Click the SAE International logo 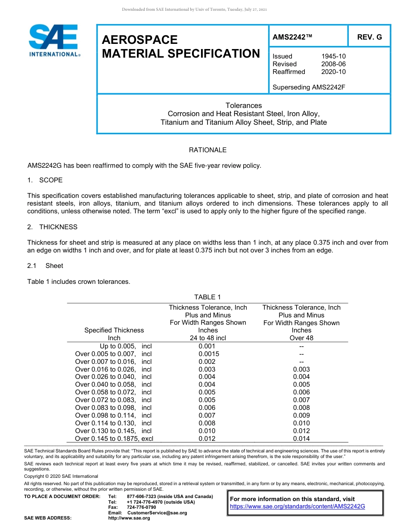coord(54,40)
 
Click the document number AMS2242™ coord(292,37)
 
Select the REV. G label coord(369,37)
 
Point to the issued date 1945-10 coord(333,56)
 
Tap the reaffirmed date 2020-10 coord(333,72)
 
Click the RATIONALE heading coord(208,150)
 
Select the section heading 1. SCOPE coord(45,180)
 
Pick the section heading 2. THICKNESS coord(52,227)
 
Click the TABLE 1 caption coord(208,297)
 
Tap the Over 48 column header coord(301,338)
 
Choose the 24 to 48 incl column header coord(208,338)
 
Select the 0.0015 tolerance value coord(208,354)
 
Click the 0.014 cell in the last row coord(301,439)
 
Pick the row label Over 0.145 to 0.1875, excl coord(114,439)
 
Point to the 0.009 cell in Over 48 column coord(301,415)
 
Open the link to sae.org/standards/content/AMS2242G coord(297,507)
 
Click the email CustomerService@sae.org coord(157,513)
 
